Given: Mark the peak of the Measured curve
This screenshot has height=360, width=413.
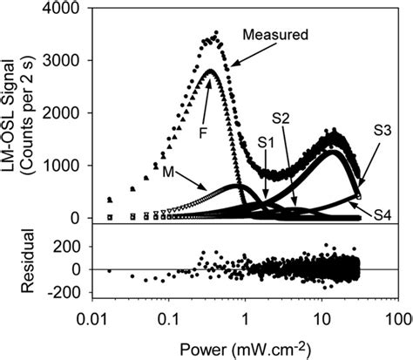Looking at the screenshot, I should pos(215,33).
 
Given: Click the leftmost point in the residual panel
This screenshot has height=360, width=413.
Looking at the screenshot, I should pos(109,270).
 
